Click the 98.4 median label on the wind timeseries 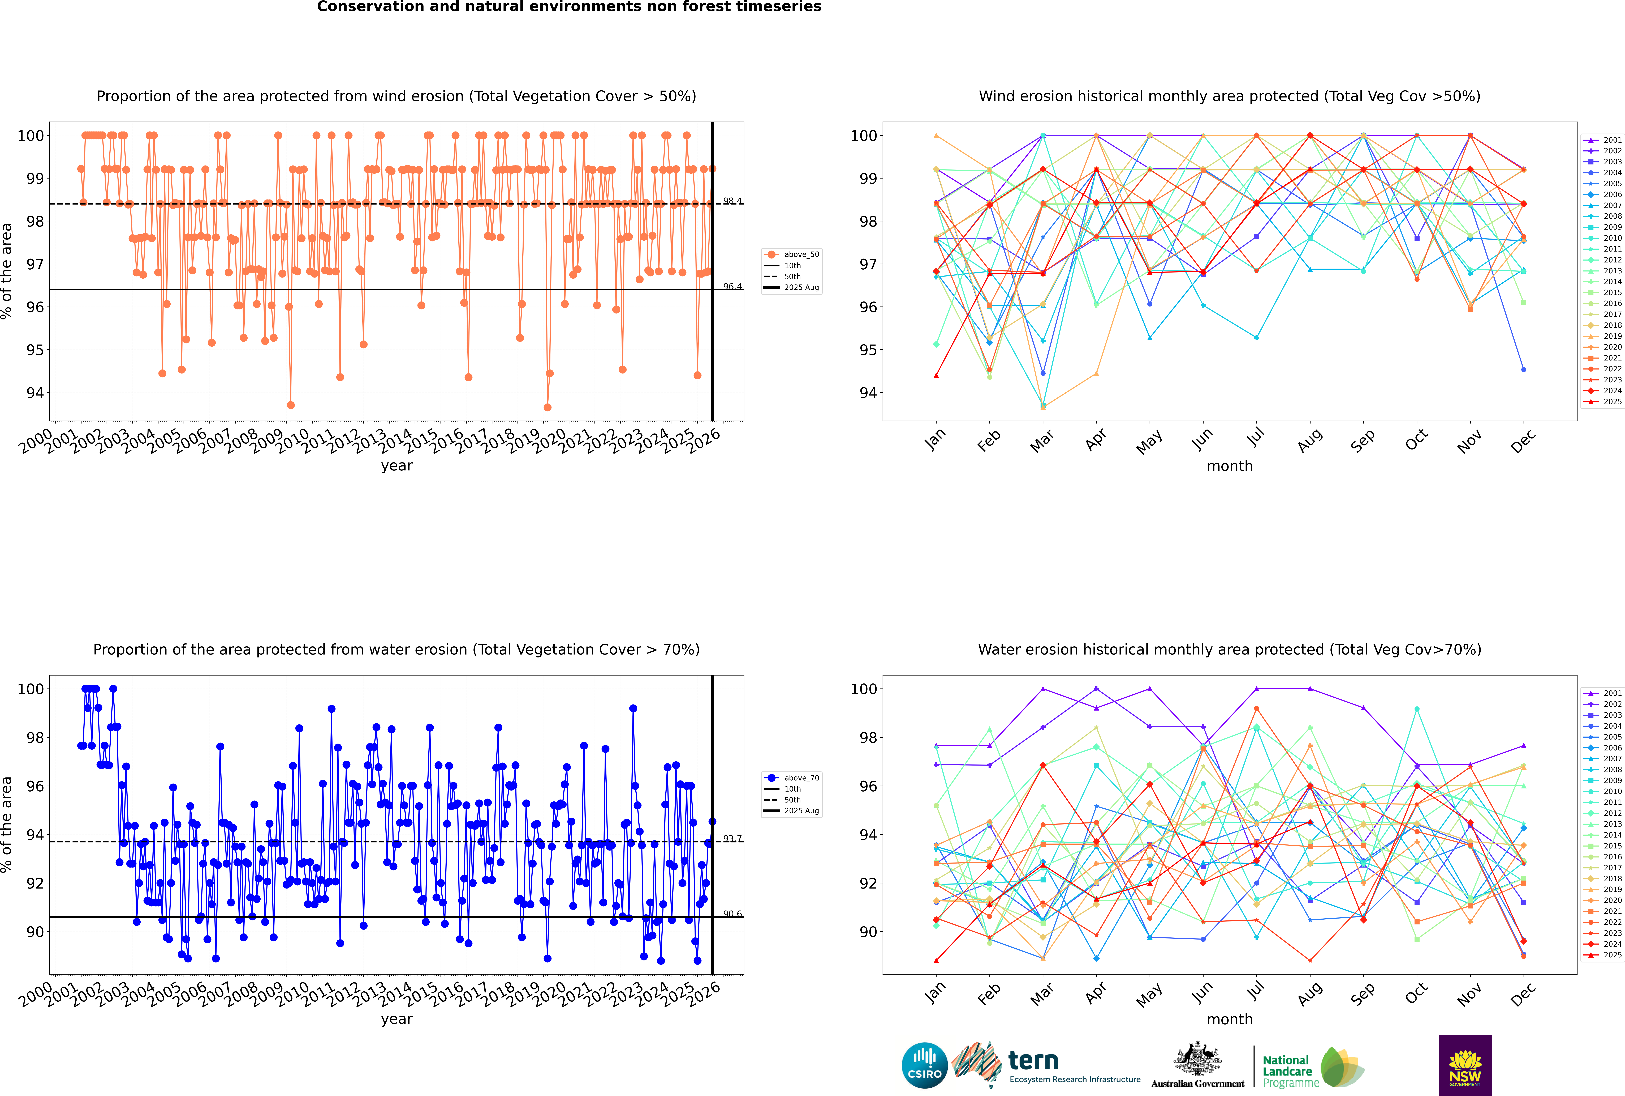[x=732, y=201]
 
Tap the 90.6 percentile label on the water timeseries [x=732, y=914]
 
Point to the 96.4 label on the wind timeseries [x=732, y=287]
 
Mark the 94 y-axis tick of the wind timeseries [x=35, y=393]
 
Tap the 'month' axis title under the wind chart [x=1230, y=466]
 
